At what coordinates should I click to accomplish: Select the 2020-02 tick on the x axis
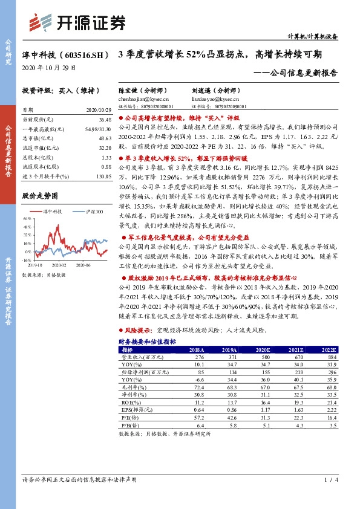click(59, 264)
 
